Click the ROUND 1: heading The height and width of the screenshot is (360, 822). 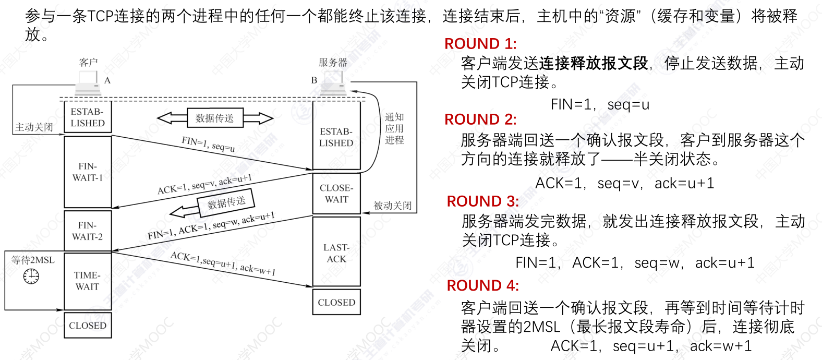480,44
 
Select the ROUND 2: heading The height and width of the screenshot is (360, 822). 480,119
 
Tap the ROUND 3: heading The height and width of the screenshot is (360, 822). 483,201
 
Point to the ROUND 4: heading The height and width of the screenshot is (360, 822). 483,286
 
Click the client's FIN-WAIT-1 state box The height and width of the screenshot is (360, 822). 88,172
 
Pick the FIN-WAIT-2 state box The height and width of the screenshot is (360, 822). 88,231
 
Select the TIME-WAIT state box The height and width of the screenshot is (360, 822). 88,281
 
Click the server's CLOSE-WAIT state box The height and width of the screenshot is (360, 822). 336,194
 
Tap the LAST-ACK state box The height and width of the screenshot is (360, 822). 336,253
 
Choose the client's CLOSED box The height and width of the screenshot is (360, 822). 88,326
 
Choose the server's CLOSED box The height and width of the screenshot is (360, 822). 336,303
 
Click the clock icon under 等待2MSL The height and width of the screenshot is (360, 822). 31,276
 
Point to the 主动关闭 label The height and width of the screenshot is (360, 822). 34,127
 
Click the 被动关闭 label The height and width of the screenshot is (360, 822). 393,206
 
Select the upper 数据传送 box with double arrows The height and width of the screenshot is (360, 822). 215,118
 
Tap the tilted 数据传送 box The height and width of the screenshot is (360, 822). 226,202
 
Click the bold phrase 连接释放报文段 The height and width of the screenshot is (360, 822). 593,64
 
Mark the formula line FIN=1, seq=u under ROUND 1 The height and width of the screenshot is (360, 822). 600,105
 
